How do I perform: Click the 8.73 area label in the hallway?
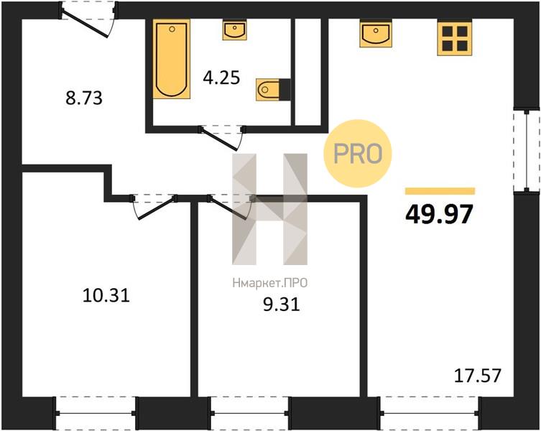tap(84, 98)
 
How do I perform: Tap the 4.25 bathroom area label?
tap(221, 78)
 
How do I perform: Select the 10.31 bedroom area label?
tap(106, 295)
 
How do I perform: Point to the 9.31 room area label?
tap(281, 305)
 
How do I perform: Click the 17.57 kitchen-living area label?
tap(477, 376)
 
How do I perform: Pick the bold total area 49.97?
tap(439, 214)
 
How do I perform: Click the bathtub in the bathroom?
tap(172, 60)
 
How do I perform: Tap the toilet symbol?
tap(273, 89)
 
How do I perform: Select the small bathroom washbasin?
tap(235, 30)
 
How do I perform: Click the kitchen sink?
tap(376, 34)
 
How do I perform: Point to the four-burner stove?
tap(455, 37)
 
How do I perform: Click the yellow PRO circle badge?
tap(358, 154)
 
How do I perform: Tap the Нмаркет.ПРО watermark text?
tap(270, 283)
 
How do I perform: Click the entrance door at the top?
tap(88, 19)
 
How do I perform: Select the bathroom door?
tap(223, 137)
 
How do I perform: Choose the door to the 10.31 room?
tap(154, 206)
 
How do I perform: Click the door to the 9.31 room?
tap(231, 206)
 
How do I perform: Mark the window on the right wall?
tap(526, 151)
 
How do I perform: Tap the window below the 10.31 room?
tap(96, 413)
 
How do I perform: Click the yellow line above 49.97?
tap(440, 191)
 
